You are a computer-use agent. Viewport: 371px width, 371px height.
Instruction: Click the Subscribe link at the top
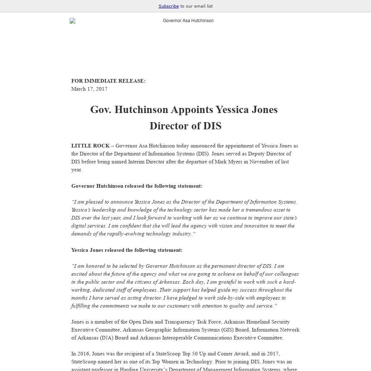tap(168, 6)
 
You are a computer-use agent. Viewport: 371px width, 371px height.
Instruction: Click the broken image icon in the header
tap(72, 21)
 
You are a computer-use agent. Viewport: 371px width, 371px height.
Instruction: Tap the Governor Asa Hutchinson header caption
tap(188, 21)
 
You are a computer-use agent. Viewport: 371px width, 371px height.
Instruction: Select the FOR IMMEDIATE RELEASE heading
tap(108, 81)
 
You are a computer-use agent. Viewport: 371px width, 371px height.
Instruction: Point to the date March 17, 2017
tap(89, 89)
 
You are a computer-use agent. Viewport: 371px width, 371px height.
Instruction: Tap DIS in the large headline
tap(212, 126)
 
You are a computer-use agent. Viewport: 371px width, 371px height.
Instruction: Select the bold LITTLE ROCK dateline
tap(90, 146)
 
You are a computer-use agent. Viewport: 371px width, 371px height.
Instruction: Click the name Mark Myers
tap(228, 162)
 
